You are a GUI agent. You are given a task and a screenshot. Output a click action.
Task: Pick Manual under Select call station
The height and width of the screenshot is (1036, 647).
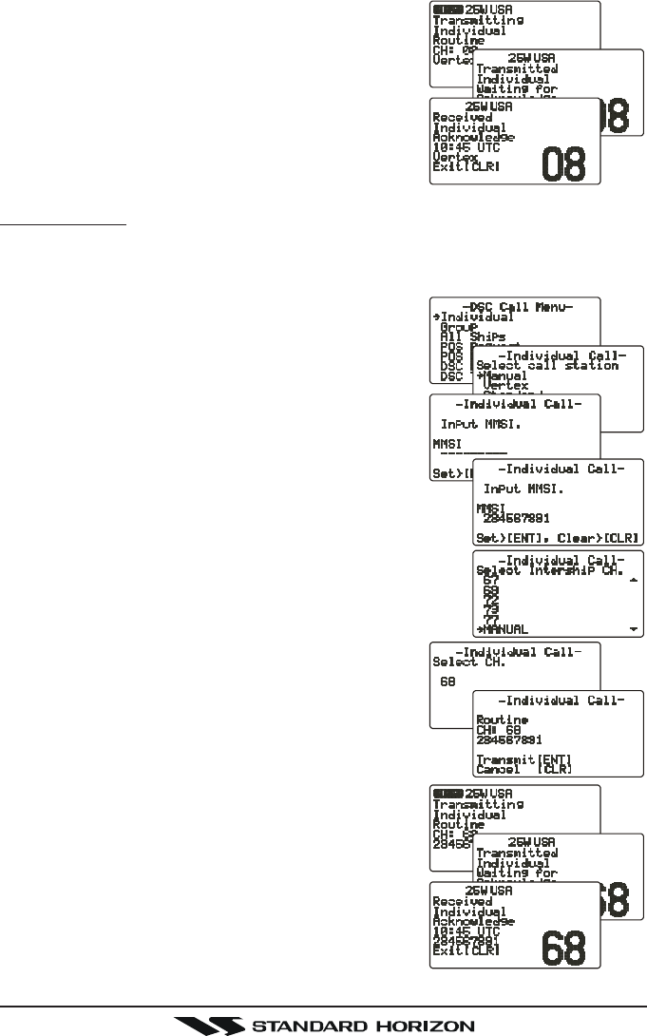pos(503,376)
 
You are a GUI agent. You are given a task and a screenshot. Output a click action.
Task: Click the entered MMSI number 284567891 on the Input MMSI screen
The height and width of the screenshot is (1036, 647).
pos(521,519)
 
